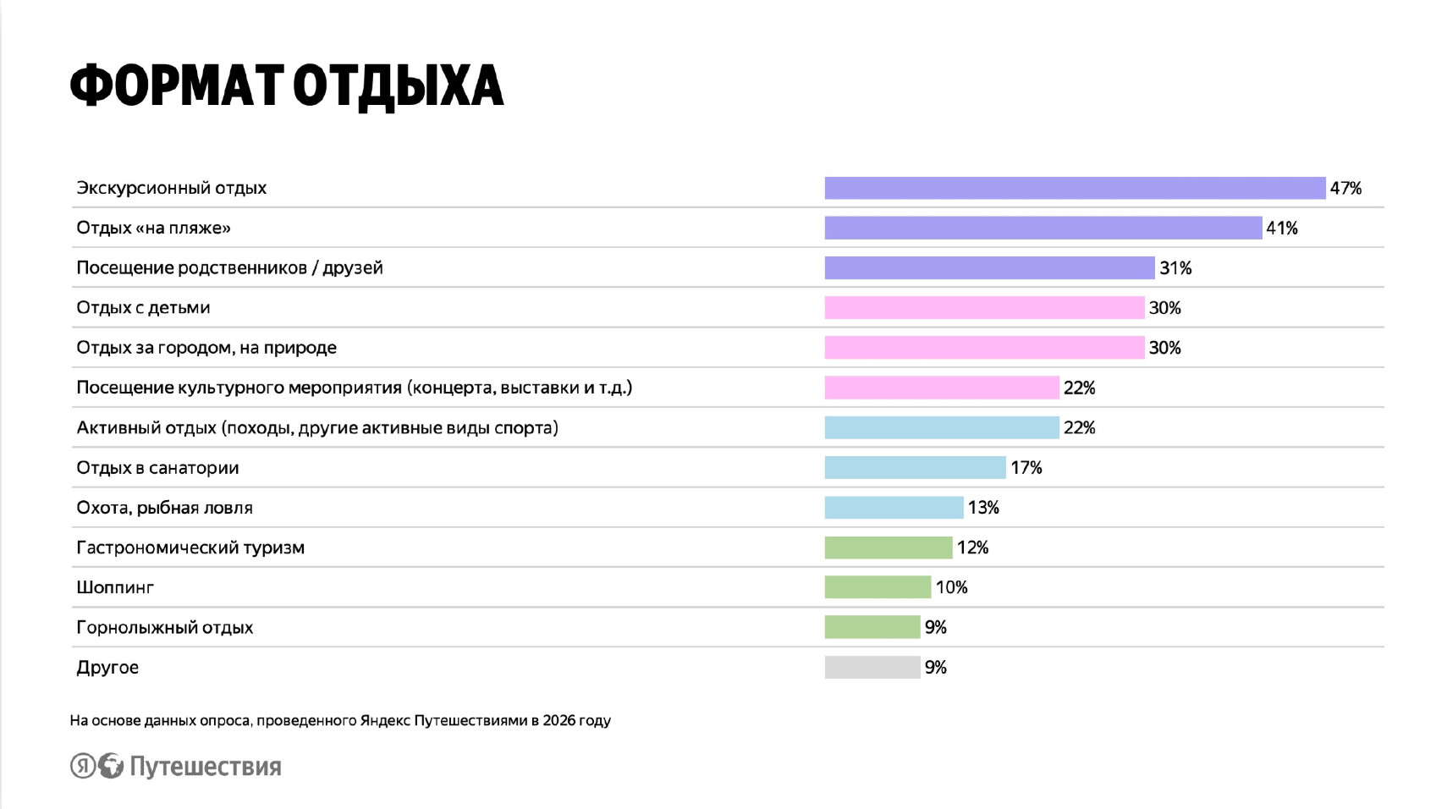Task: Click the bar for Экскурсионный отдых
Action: click(x=1075, y=188)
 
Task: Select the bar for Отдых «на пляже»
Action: click(x=1043, y=228)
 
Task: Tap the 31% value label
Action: click(x=1175, y=268)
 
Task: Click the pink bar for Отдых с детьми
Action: click(x=984, y=308)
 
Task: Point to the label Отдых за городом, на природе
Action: click(x=206, y=348)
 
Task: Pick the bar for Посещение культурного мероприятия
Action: click(x=942, y=388)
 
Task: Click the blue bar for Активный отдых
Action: click(x=942, y=427)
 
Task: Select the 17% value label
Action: click(x=1026, y=468)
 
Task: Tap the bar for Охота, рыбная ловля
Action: click(x=894, y=508)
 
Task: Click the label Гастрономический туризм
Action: click(x=190, y=548)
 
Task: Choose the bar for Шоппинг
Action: click(x=878, y=587)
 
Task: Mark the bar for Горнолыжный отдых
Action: click(x=872, y=627)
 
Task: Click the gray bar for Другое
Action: click(x=872, y=667)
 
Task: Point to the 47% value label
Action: click(x=1345, y=188)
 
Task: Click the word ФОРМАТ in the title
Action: click(x=176, y=86)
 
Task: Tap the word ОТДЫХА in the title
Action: click(x=398, y=86)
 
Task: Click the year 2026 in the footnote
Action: click(x=559, y=721)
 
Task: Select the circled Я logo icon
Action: click(x=82, y=766)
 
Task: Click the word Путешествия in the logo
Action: click(x=206, y=767)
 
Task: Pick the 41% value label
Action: click(x=1282, y=228)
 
